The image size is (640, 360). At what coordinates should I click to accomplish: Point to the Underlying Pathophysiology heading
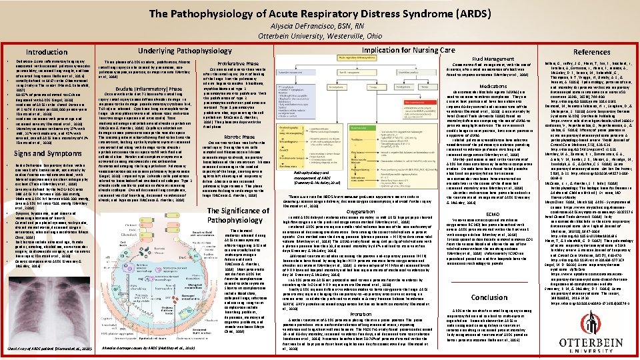point(165,51)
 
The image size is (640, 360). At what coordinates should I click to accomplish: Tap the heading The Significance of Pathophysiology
point(238,215)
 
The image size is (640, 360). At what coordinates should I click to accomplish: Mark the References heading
point(591,51)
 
